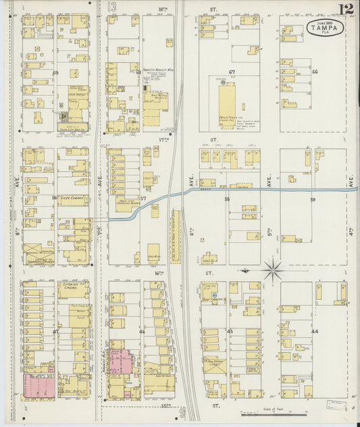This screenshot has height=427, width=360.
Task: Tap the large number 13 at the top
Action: pyautogui.click(x=112, y=7)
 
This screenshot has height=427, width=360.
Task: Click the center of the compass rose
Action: pyautogui.click(x=273, y=270)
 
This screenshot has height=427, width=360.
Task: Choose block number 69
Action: pyautogui.click(x=55, y=72)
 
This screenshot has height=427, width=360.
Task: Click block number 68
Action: pyautogui.click(x=138, y=72)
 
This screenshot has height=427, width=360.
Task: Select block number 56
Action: pyautogui.click(x=55, y=199)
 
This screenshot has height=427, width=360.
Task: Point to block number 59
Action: pyautogui.click(x=313, y=200)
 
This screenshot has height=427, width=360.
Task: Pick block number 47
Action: pyautogui.click(x=55, y=332)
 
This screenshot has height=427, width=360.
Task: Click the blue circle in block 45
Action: pyautogui.click(x=214, y=295)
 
